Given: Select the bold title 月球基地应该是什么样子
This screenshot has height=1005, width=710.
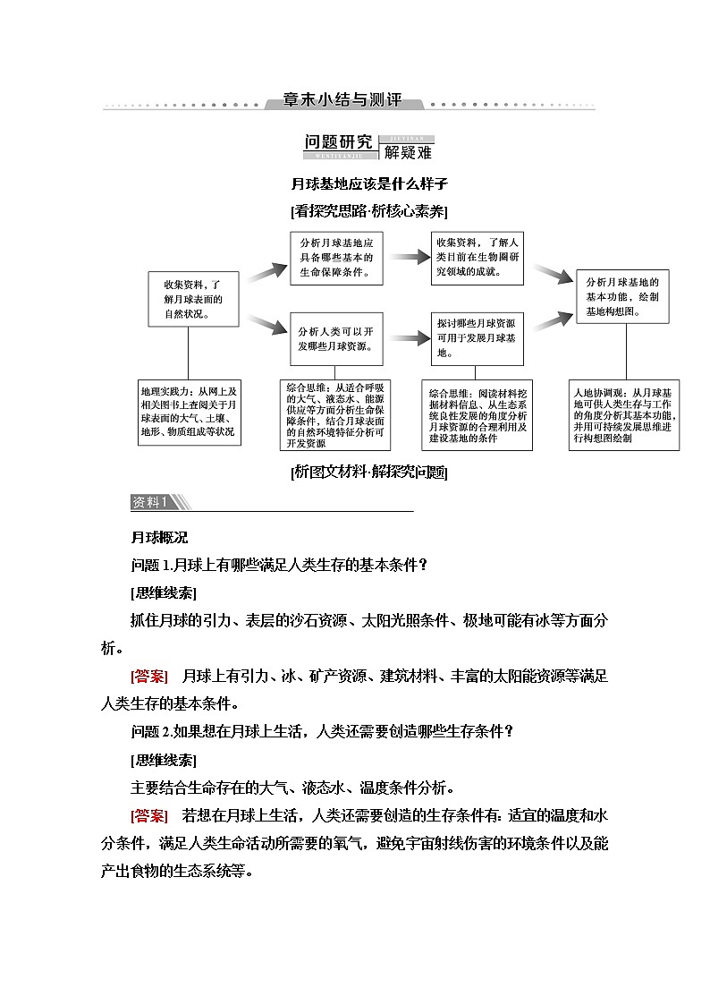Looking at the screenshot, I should point(368,185).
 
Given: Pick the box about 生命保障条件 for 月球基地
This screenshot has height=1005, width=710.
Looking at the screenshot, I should point(335,258).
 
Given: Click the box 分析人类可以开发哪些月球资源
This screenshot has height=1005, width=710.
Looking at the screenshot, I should point(335,338).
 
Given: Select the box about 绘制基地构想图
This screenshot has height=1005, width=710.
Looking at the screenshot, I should point(622,297).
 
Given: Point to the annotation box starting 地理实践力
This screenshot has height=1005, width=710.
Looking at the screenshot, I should point(189,411).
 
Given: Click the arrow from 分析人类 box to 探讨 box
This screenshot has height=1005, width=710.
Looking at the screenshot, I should point(412,338).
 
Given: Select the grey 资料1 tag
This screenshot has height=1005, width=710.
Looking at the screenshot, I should point(156,503).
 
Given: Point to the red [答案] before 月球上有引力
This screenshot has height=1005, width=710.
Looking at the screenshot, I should point(149,676).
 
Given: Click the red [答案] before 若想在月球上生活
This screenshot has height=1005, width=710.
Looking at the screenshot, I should point(149,815).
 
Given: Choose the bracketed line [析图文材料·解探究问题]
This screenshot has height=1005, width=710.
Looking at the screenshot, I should point(369,472).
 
